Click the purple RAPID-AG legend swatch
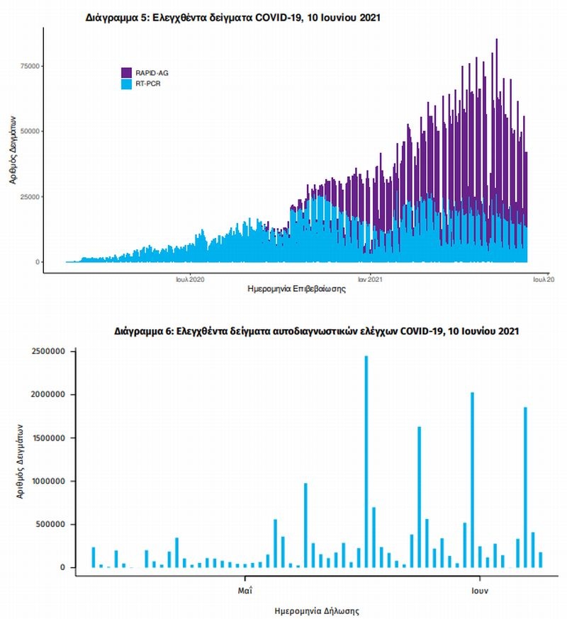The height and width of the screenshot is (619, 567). tap(127, 72)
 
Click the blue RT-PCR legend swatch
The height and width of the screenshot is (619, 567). tap(127, 84)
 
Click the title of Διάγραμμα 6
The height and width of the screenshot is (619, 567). tap(318, 331)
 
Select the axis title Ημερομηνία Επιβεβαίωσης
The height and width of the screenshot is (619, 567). tap(286, 289)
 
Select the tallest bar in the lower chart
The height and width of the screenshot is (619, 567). tap(366, 460)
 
